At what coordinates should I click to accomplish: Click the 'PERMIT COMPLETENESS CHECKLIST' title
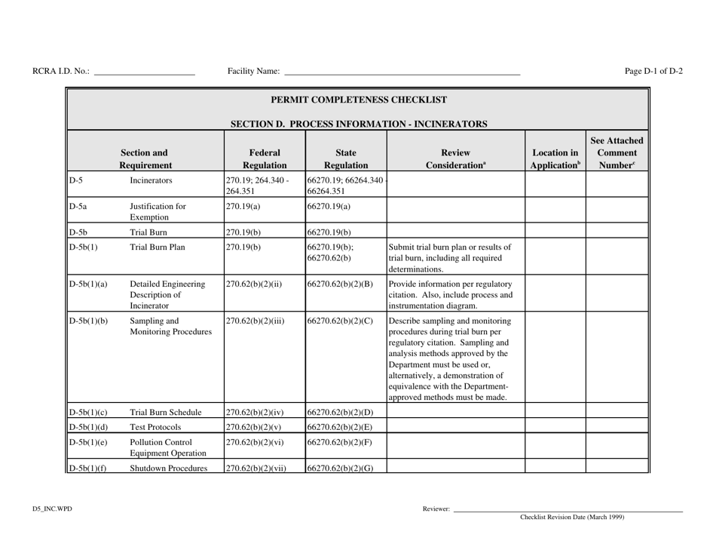(358, 100)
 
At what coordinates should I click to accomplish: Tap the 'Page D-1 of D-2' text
(653, 71)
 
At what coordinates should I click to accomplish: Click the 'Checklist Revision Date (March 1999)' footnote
(572, 518)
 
